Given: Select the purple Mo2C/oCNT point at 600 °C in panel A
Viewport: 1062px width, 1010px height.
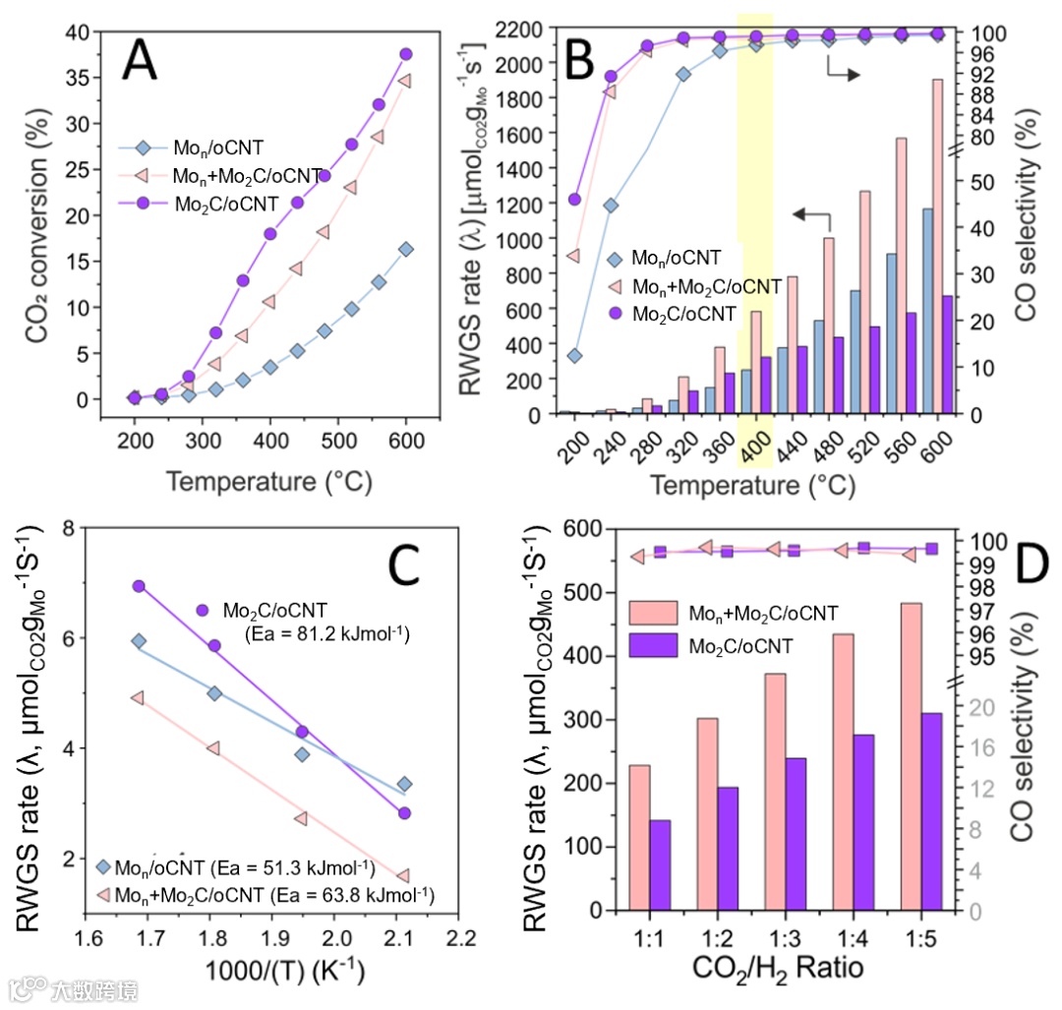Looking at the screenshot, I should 405,54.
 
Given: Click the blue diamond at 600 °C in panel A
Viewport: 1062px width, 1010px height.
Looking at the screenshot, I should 406,249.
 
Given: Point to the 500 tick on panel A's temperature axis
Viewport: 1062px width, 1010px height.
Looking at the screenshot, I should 338,437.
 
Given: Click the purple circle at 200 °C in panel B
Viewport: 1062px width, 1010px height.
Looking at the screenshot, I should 575,200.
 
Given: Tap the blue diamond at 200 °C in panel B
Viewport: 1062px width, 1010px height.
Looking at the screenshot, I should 575,355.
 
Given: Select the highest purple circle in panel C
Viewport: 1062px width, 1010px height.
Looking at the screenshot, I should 139,586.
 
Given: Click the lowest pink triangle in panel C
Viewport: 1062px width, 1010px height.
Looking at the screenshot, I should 402,875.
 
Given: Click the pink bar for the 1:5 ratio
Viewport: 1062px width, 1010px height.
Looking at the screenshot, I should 911,756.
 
